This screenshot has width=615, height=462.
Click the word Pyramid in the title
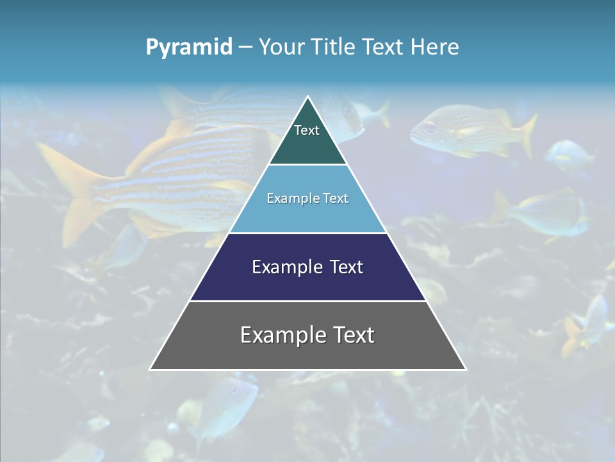click(188, 47)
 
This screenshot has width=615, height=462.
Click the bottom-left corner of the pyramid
click(151, 369)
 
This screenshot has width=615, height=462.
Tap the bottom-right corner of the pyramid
click(465, 369)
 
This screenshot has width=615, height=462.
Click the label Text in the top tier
click(307, 130)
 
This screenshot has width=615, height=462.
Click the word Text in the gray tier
click(351, 335)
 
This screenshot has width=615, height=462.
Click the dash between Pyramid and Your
click(245, 47)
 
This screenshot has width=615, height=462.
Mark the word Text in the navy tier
click(347, 267)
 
